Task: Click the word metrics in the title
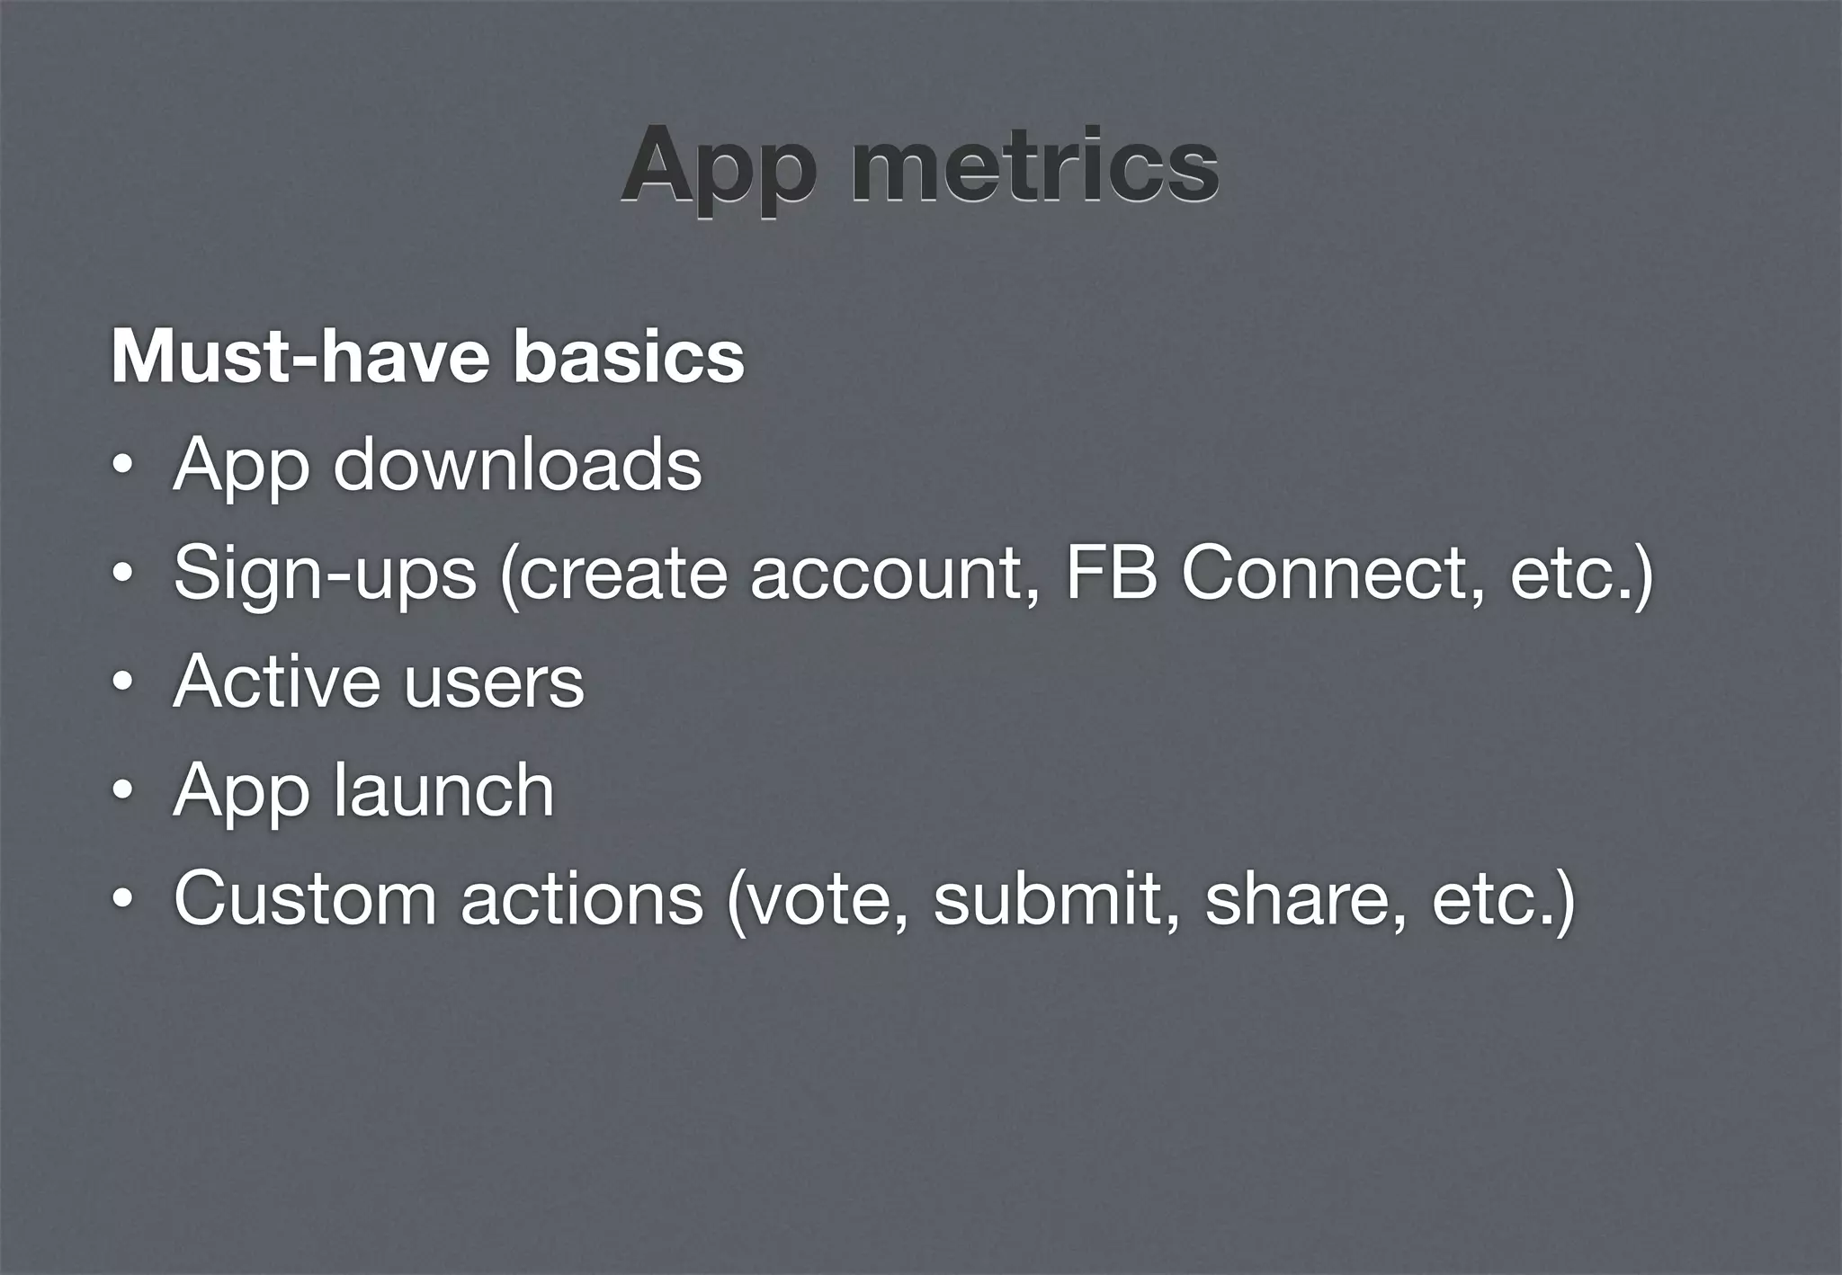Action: click(x=1034, y=167)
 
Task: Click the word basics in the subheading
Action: click(x=629, y=357)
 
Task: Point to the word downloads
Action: click(x=517, y=465)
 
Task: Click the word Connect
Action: click(x=1323, y=573)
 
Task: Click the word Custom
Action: click(x=305, y=898)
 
